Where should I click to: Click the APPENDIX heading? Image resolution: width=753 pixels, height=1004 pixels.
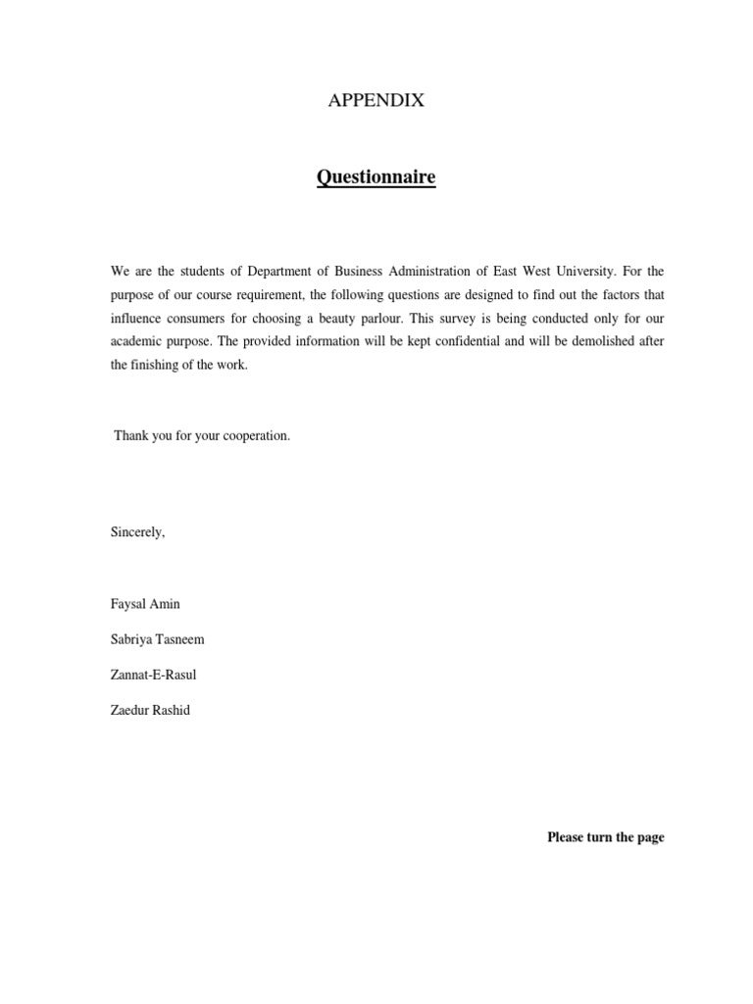pos(376,100)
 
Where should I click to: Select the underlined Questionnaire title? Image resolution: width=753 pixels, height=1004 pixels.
pos(376,177)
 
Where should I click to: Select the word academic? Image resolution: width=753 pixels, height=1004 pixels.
pos(135,340)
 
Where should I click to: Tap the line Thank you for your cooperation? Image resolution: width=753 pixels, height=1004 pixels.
pos(202,435)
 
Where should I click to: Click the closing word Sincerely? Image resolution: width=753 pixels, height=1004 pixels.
pos(137,532)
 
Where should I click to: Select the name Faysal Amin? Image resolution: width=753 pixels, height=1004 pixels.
pos(145,604)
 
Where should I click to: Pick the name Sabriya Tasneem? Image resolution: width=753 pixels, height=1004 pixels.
pos(158,639)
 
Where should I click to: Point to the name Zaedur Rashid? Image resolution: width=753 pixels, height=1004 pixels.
pos(150,710)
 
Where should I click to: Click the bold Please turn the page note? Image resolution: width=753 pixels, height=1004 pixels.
pos(605,837)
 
